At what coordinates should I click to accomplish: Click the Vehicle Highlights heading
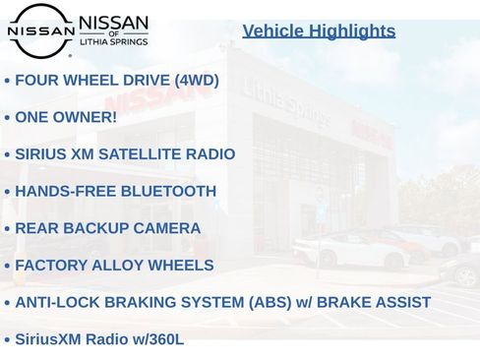319,30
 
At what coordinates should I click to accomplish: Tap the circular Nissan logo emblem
40,30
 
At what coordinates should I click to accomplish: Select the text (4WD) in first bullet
196,81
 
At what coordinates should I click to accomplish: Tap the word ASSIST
402,303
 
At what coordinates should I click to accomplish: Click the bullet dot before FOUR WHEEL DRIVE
7,82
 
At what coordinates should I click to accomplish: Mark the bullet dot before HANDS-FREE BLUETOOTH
7,193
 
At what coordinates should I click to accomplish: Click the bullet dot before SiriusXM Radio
7,340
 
